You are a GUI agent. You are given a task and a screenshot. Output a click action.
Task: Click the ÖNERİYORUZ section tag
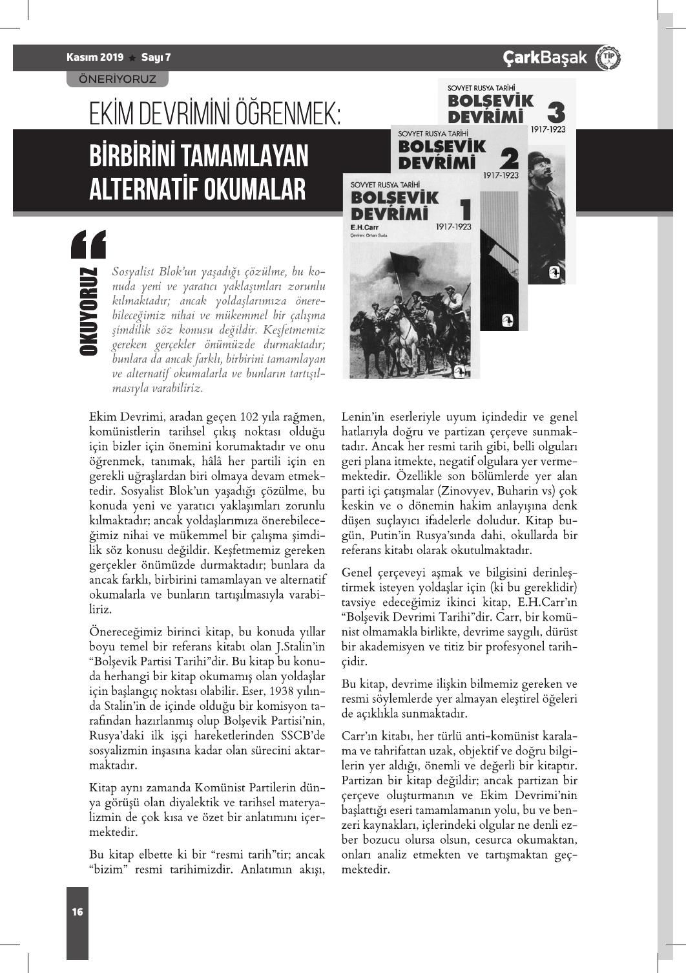coord(117,79)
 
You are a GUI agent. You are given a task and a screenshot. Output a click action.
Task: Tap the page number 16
coord(78,912)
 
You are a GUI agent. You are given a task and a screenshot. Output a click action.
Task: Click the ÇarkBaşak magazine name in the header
coord(545,58)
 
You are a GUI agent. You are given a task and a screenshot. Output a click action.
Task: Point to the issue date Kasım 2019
coord(95,58)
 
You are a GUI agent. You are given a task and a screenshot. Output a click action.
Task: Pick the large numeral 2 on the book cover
coord(509,158)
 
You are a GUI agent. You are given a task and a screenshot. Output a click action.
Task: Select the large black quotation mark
coord(88,244)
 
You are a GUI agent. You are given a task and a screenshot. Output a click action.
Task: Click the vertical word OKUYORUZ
coord(88,310)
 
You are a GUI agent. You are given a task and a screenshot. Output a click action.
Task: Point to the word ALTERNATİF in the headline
coord(143,189)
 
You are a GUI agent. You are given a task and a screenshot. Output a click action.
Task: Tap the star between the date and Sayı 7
coord(132,58)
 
